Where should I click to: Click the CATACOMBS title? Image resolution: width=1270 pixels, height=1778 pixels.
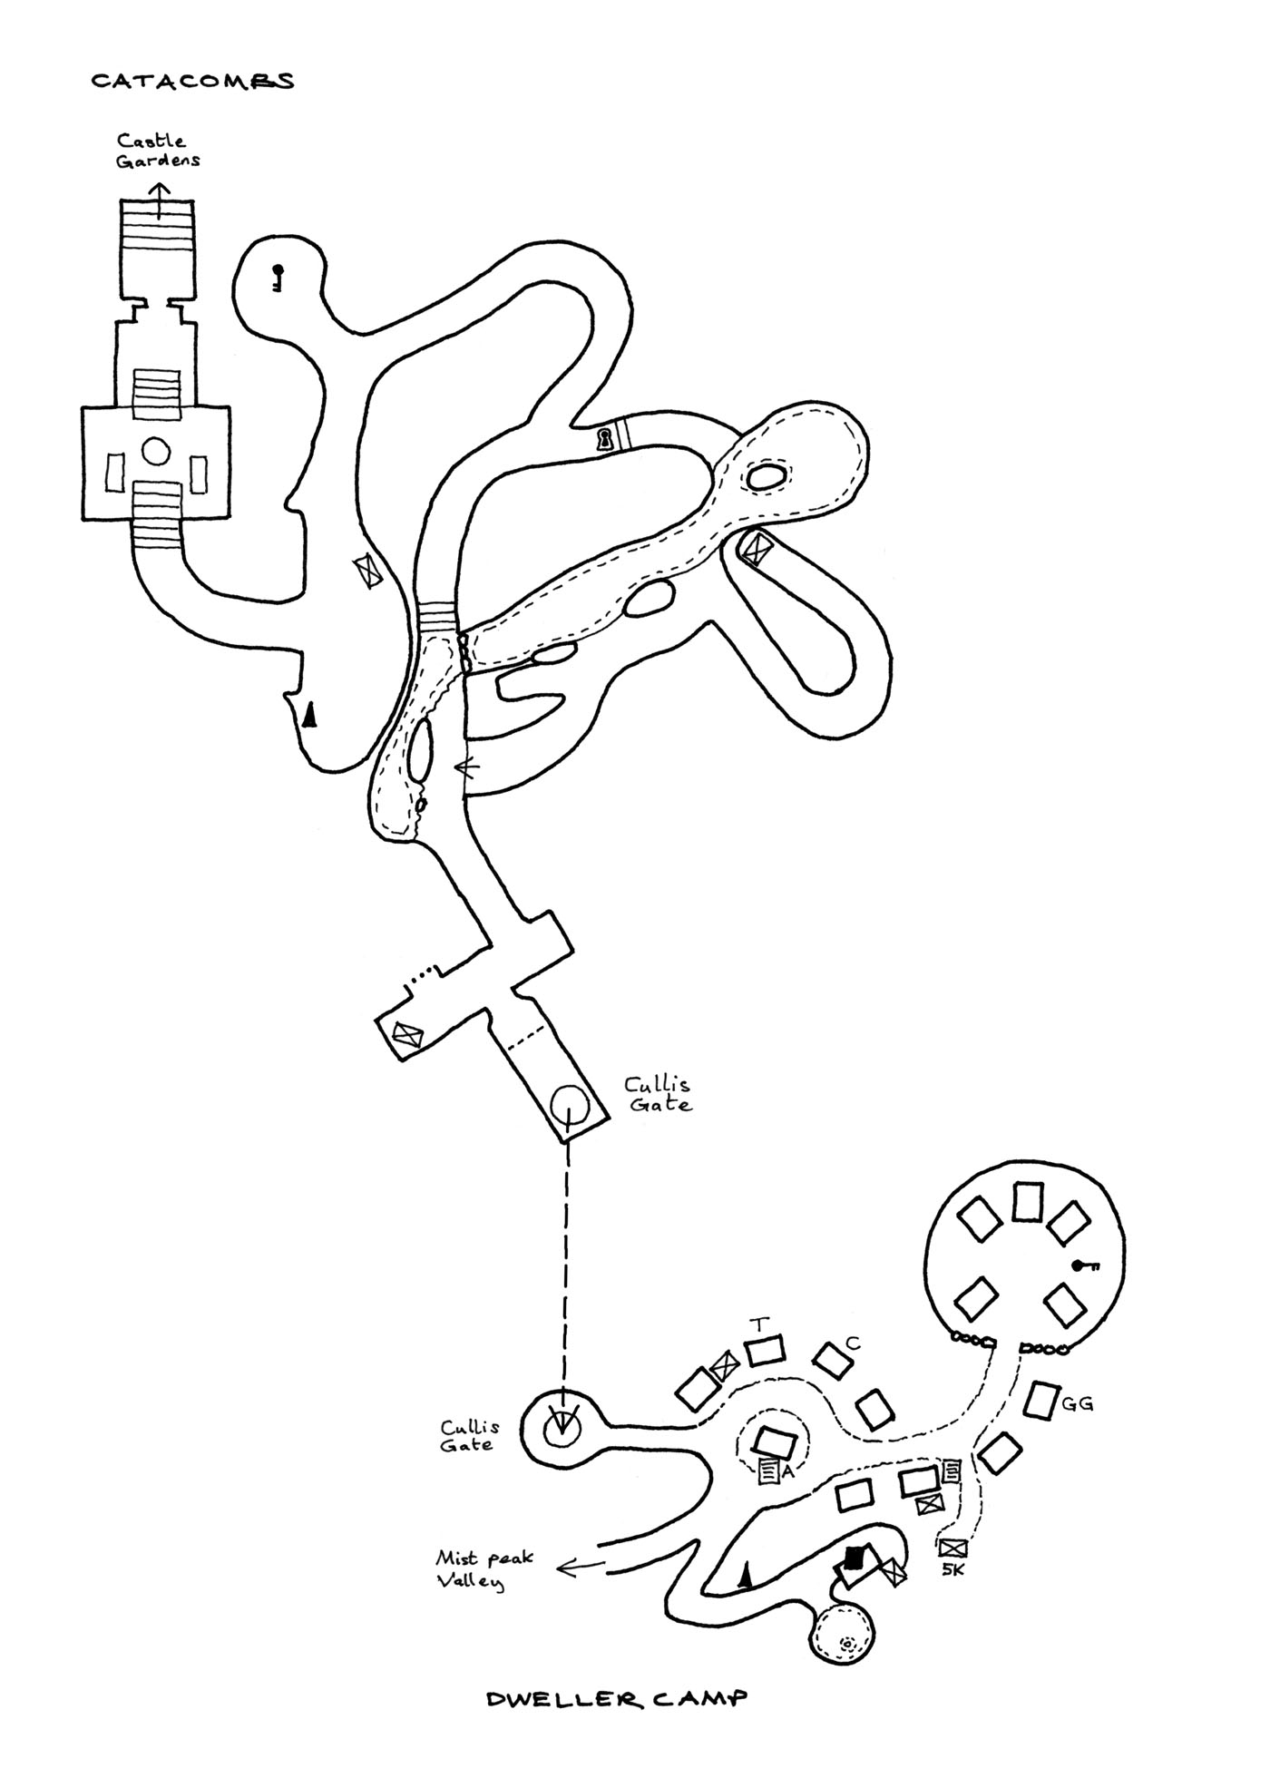(192, 82)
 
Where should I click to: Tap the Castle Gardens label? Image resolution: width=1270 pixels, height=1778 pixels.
(157, 151)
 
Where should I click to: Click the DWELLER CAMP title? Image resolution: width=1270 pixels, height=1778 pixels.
(617, 1698)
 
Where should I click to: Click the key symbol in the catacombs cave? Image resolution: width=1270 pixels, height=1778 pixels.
(277, 277)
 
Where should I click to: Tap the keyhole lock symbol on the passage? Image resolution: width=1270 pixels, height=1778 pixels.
(603, 440)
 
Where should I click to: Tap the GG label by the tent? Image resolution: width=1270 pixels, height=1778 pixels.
(1077, 1403)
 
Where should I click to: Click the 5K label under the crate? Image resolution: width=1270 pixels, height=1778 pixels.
(952, 1570)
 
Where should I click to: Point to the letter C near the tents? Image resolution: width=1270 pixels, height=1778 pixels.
(851, 1343)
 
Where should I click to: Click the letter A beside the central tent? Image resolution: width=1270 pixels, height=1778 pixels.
(787, 1471)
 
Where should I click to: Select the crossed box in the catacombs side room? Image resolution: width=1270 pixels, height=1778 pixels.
(406, 1034)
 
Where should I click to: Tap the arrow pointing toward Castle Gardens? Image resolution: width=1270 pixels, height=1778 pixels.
(160, 200)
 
